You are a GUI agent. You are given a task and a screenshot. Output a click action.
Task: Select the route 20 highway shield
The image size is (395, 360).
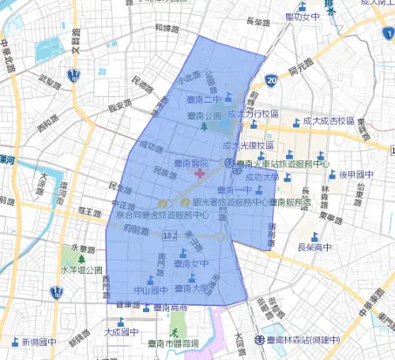coord(272,80)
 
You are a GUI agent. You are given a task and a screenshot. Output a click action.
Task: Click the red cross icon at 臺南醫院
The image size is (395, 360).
coord(201,172)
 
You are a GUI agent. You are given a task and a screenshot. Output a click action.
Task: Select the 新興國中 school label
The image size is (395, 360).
coord(39,343)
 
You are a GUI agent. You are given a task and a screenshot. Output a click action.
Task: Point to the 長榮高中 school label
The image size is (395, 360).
coord(314,247)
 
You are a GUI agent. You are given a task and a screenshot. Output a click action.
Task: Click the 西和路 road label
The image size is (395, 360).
coord(47,125)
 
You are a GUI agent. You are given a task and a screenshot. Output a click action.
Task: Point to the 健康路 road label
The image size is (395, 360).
coord(127,305)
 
